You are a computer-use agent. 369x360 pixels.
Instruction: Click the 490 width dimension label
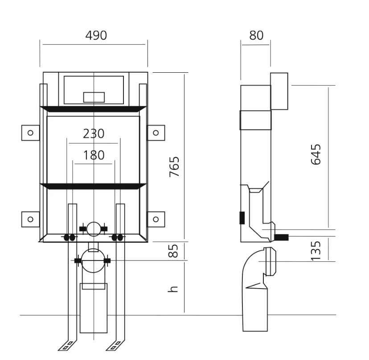[96, 35]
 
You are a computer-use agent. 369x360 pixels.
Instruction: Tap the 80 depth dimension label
[256, 35]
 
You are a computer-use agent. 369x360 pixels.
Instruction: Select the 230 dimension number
[94, 133]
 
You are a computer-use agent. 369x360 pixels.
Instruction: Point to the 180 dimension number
[94, 155]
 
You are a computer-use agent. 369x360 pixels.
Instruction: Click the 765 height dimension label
[174, 166]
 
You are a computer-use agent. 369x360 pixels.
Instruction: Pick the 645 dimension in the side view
[316, 154]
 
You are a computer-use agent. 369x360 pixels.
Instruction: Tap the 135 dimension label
[316, 251]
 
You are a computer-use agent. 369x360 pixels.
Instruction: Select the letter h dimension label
[173, 289]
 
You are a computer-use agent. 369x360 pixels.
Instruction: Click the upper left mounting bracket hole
[30, 133]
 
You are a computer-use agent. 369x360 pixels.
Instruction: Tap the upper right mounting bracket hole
[156, 133]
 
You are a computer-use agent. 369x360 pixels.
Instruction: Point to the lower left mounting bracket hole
[30, 219]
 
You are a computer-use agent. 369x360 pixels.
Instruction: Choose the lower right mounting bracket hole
[156, 219]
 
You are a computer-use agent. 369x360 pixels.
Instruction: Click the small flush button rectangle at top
[94, 97]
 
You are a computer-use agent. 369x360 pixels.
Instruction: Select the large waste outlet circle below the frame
[94, 261]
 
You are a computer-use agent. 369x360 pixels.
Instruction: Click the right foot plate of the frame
[115, 345]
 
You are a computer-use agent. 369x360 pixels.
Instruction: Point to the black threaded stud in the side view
[282, 237]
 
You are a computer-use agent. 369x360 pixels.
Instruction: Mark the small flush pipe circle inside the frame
[94, 229]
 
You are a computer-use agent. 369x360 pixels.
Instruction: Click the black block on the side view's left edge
[242, 218]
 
